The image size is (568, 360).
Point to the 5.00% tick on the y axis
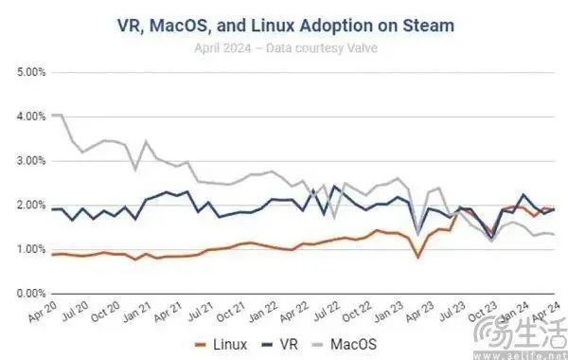(32, 72)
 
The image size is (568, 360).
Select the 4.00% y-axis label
(32, 117)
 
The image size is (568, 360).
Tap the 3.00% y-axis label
(32, 161)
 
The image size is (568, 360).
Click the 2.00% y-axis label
(32, 206)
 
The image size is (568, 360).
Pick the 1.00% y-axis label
(32, 249)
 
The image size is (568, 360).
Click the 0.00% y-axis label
(32, 294)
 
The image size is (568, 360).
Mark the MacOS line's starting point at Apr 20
(54, 115)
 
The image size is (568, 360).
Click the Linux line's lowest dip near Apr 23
(418, 257)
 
